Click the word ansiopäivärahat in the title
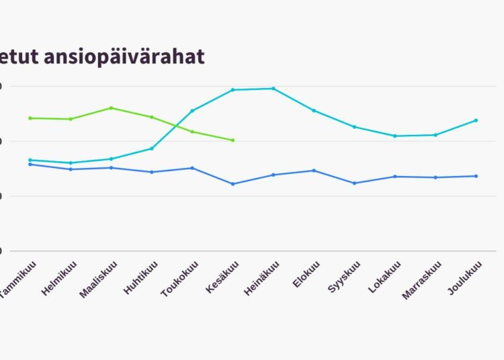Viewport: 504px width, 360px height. pyautogui.click(x=124, y=57)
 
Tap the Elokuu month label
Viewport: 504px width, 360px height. pyautogui.click(x=305, y=276)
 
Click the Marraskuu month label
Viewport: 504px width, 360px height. pyautogui.click(x=423, y=281)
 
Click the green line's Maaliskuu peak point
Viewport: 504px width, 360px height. pyautogui.click(x=111, y=107)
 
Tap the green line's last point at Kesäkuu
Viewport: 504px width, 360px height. pyautogui.click(x=233, y=140)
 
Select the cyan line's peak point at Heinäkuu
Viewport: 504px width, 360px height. pyautogui.click(x=273, y=88)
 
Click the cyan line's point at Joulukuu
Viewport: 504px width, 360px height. pyautogui.click(x=476, y=120)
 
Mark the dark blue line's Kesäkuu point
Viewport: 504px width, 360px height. pyautogui.click(x=233, y=184)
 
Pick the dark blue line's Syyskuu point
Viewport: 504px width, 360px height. pyautogui.click(x=354, y=183)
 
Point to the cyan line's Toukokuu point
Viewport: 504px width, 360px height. pyautogui.click(x=192, y=111)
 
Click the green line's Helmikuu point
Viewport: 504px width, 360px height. pyautogui.click(x=71, y=119)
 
